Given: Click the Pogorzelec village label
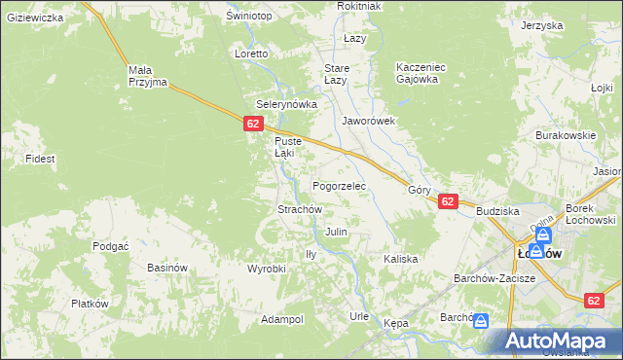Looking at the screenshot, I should click(338, 185).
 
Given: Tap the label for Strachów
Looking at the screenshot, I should click(300, 209).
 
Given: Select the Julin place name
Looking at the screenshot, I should click(336, 233).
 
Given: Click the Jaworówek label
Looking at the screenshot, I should click(368, 122).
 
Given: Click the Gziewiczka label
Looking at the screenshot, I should click(34, 18).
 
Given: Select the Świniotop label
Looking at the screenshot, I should click(248, 17).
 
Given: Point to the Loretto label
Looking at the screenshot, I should click(251, 54).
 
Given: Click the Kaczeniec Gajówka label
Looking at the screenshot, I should click(421, 73).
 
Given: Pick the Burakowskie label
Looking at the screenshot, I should click(566, 136).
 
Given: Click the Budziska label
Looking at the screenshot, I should click(497, 211).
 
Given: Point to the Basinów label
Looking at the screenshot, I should click(166, 268).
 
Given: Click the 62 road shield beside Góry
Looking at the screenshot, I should click(447, 201).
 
